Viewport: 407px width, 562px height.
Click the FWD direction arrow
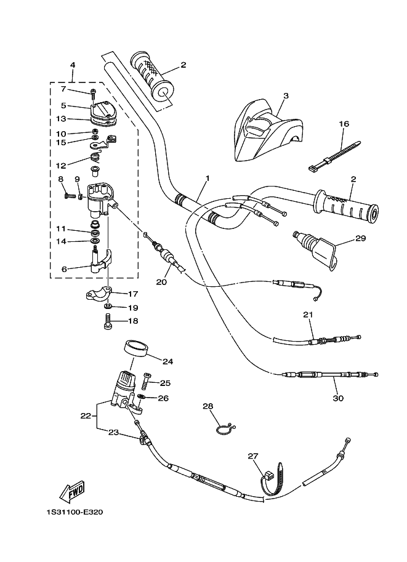(x=72, y=493)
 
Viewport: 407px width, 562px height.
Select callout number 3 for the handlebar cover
(x=286, y=95)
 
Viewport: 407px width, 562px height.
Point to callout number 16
(x=344, y=124)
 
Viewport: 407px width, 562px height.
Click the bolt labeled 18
(x=107, y=321)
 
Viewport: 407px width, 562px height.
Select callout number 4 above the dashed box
(x=73, y=65)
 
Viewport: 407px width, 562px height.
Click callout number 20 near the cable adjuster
(x=161, y=282)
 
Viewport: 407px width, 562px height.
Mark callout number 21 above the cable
(x=308, y=315)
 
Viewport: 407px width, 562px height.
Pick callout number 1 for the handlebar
(x=208, y=179)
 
